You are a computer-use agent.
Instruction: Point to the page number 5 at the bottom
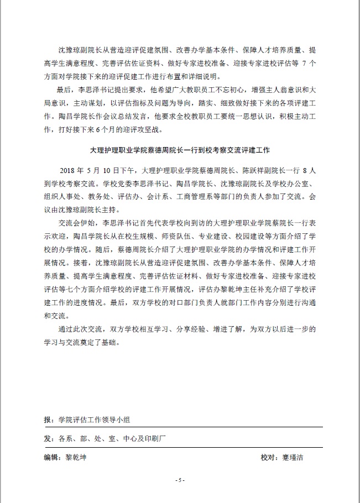pyautogui.click(x=180, y=479)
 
